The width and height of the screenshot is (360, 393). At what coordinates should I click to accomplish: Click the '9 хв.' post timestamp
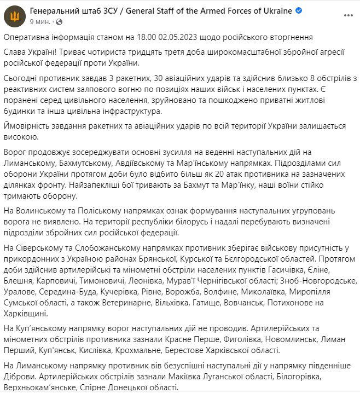(39, 21)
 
